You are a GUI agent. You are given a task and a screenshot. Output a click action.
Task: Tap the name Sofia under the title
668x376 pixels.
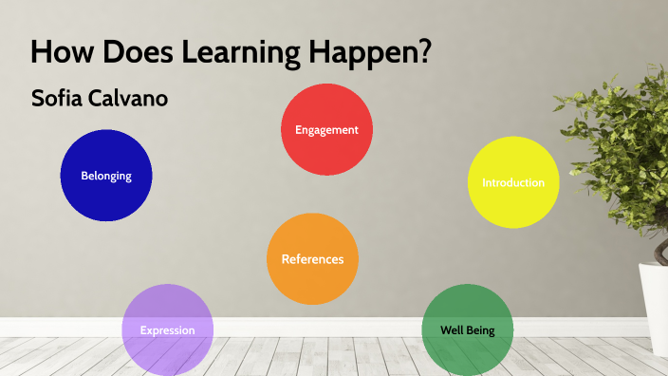coord(59,98)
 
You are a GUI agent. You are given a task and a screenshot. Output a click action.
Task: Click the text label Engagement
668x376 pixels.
coord(326,130)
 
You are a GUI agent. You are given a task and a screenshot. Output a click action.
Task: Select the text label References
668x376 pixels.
coord(312,259)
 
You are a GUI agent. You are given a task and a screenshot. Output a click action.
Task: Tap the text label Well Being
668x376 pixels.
coord(467,330)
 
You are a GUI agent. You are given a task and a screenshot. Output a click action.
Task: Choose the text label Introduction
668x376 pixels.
coord(513,182)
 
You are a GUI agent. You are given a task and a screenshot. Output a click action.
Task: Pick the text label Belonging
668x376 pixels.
coord(105,176)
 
